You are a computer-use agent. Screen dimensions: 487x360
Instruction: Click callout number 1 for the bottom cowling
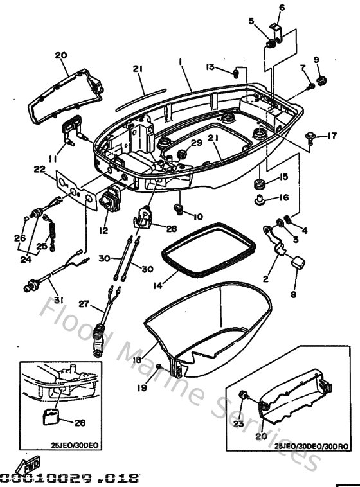181,62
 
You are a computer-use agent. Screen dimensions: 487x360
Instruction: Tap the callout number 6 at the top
281,8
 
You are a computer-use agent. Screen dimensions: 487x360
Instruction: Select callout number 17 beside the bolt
332,136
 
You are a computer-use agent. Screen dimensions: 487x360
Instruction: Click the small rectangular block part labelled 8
297,261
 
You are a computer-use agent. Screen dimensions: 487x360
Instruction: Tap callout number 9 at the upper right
316,60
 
